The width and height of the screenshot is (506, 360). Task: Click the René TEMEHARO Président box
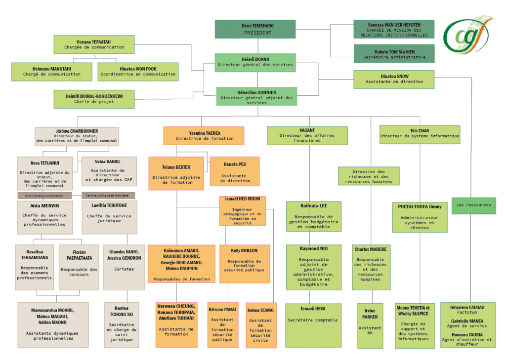[x=255, y=29]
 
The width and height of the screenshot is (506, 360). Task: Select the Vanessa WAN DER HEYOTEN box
[x=394, y=29]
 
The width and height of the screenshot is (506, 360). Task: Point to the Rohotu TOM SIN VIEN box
[x=394, y=53]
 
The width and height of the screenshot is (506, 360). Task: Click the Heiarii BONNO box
[x=255, y=62]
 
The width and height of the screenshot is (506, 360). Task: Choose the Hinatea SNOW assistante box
[x=394, y=79]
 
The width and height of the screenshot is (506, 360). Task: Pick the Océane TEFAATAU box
[x=94, y=44]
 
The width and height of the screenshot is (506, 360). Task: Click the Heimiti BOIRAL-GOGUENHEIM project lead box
[x=94, y=99]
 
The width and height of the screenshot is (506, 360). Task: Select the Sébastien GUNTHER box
[x=256, y=96]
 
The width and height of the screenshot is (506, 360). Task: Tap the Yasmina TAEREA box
[x=204, y=136]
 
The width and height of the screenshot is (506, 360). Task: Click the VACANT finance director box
[x=307, y=136]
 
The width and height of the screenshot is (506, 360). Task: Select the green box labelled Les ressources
[x=473, y=205]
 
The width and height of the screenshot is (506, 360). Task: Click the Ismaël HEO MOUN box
[x=242, y=211]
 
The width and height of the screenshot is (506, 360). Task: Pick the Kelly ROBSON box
[x=245, y=263]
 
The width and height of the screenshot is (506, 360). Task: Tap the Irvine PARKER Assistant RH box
[x=370, y=325]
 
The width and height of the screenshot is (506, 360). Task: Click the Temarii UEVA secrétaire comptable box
[x=313, y=325]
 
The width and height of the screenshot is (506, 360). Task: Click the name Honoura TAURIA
[x=467, y=334]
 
